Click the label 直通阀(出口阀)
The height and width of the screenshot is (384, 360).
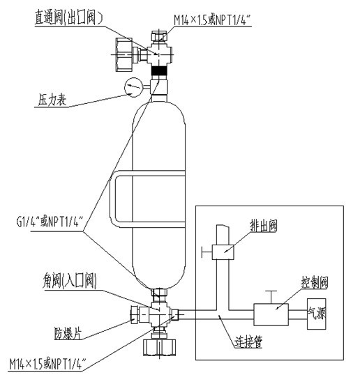coord(68,17)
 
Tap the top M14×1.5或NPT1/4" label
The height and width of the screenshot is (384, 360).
coord(212,20)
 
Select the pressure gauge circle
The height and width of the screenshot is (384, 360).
coord(134,87)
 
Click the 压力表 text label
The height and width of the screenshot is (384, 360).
coord(52,100)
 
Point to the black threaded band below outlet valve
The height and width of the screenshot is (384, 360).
coord(159,71)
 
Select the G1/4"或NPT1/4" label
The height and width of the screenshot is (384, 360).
coord(51,222)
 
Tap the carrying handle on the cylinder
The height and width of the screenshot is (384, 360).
coord(113,199)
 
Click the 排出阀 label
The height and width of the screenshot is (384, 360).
coord(264,225)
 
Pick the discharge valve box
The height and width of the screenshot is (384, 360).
coord(223,252)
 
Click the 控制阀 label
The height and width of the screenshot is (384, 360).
coord(315,283)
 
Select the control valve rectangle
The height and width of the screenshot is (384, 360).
coord(271,315)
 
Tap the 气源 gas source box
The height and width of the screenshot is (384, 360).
coord(317,314)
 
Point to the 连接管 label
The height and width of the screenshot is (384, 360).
coord(248,341)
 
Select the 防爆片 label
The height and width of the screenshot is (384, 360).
coord(68,334)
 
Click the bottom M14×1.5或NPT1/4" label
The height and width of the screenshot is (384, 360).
coord(47,364)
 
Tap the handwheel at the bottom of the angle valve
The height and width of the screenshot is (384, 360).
coord(160,347)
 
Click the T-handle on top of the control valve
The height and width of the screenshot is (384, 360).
coord(271,297)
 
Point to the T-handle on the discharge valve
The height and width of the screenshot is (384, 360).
coord(207,252)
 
